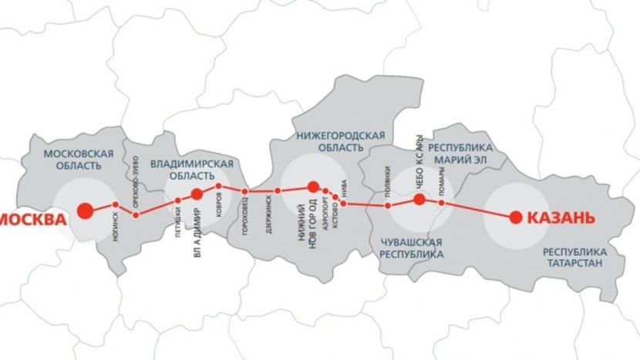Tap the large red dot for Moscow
point(85,209)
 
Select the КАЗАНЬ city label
point(561,218)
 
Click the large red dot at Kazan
point(515,217)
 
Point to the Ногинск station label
point(116,229)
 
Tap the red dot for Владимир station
point(197,194)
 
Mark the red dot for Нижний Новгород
point(313,187)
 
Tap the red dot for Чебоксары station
point(419,200)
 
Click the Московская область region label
point(78,159)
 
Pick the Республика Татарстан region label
point(574,257)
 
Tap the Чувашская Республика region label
point(412,247)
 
